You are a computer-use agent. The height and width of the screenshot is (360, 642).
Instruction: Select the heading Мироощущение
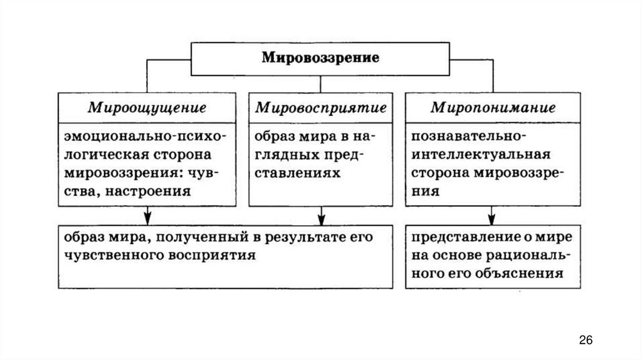(x=147, y=107)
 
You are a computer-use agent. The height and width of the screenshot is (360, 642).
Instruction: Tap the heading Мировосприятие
(x=320, y=107)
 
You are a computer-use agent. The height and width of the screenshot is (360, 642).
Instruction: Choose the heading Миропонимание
(x=492, y=107)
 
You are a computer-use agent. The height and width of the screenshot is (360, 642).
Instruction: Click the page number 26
(x=586, y=340)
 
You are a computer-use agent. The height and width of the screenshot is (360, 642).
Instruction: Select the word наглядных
(x=285, y=154)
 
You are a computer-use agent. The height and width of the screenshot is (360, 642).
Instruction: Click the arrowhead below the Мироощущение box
(x=147, y=218)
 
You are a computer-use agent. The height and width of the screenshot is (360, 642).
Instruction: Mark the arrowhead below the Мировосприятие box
(x=321, y=218)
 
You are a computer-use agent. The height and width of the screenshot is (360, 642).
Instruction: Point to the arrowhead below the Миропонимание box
(x=492, y=218)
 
